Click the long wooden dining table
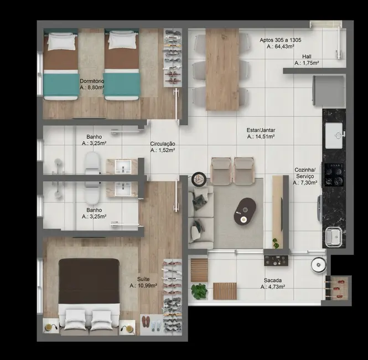[x=222, y=69]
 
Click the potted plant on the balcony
[x=199, y=291]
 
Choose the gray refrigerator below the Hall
[x=329, y=89]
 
